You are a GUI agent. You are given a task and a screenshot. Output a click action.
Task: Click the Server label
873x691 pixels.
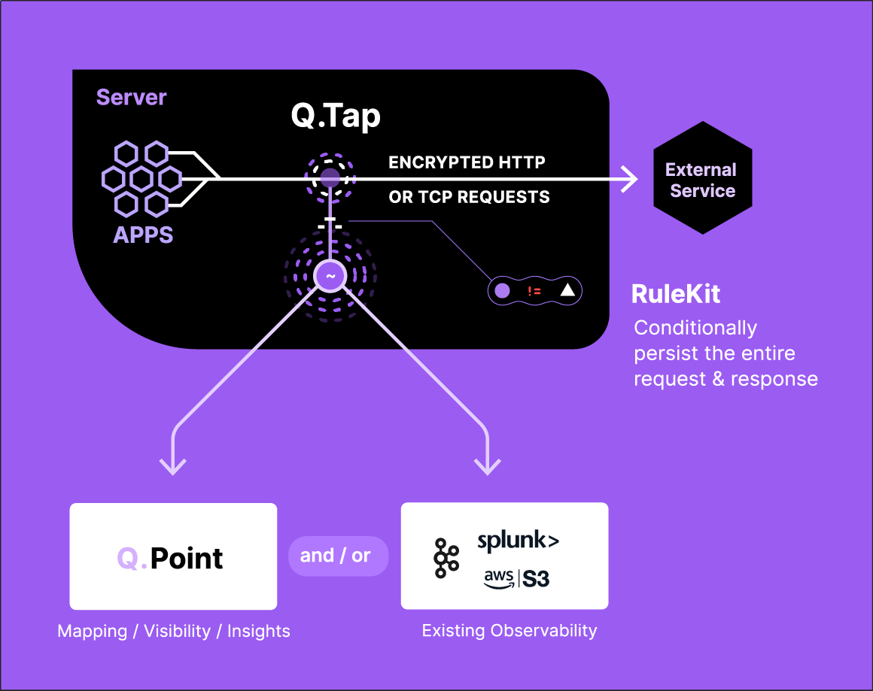(131, 98)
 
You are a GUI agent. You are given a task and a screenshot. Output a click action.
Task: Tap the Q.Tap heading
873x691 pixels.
(336, 116)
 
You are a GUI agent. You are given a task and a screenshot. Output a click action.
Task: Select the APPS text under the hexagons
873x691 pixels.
(143, 235)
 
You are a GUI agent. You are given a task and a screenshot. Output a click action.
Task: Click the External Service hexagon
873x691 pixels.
(702, 179)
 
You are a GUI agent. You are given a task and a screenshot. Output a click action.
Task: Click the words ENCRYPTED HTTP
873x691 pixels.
(467, 162)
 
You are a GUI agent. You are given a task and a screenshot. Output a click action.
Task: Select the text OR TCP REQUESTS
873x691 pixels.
(469, 197)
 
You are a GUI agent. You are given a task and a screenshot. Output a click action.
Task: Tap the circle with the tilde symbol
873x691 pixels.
(330, 276)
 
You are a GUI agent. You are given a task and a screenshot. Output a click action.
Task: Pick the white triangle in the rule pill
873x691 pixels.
(567, 290)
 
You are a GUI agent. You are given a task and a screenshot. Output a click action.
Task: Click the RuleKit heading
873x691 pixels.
(675, 294)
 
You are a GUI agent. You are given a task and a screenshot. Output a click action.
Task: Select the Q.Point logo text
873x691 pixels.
(171, 558)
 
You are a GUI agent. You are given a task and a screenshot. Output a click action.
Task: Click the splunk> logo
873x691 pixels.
(518, 541)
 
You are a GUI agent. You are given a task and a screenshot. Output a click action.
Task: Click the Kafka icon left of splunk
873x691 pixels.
(446, 559)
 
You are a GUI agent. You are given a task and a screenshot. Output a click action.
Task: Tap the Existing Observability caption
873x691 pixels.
(509, 630)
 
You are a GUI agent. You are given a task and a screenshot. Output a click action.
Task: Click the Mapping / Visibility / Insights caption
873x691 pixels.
(174, 631)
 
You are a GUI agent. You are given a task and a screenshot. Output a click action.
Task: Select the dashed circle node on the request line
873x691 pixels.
(330, 179)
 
